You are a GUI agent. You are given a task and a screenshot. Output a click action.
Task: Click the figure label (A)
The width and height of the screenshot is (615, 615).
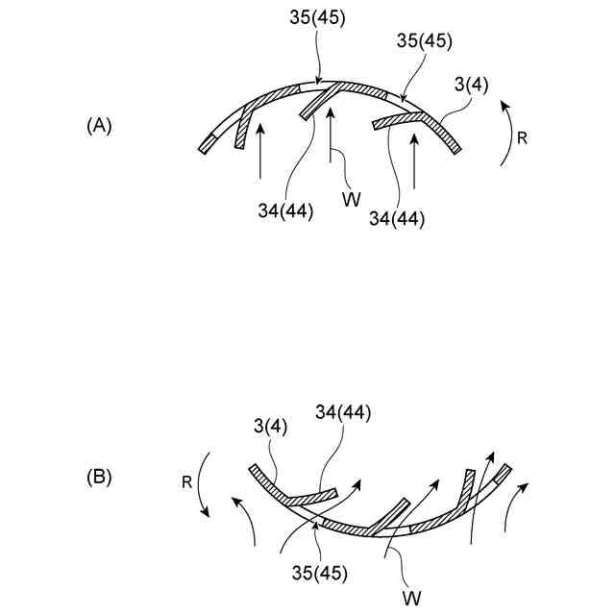pyautogui.click(x=99, y=126)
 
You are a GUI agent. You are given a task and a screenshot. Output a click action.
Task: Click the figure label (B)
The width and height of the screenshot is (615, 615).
pyautogui.click(x=99, y=476)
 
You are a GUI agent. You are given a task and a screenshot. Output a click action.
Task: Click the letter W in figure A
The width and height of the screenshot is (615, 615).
pyautogui.click(x=353, y=198)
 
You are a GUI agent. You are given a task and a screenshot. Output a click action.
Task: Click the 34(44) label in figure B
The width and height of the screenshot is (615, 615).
pyautogui.click(x=343, y=413)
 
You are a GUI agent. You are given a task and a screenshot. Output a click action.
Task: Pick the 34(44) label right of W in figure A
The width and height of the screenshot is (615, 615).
pyautogui.click(x=396, y=219)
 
